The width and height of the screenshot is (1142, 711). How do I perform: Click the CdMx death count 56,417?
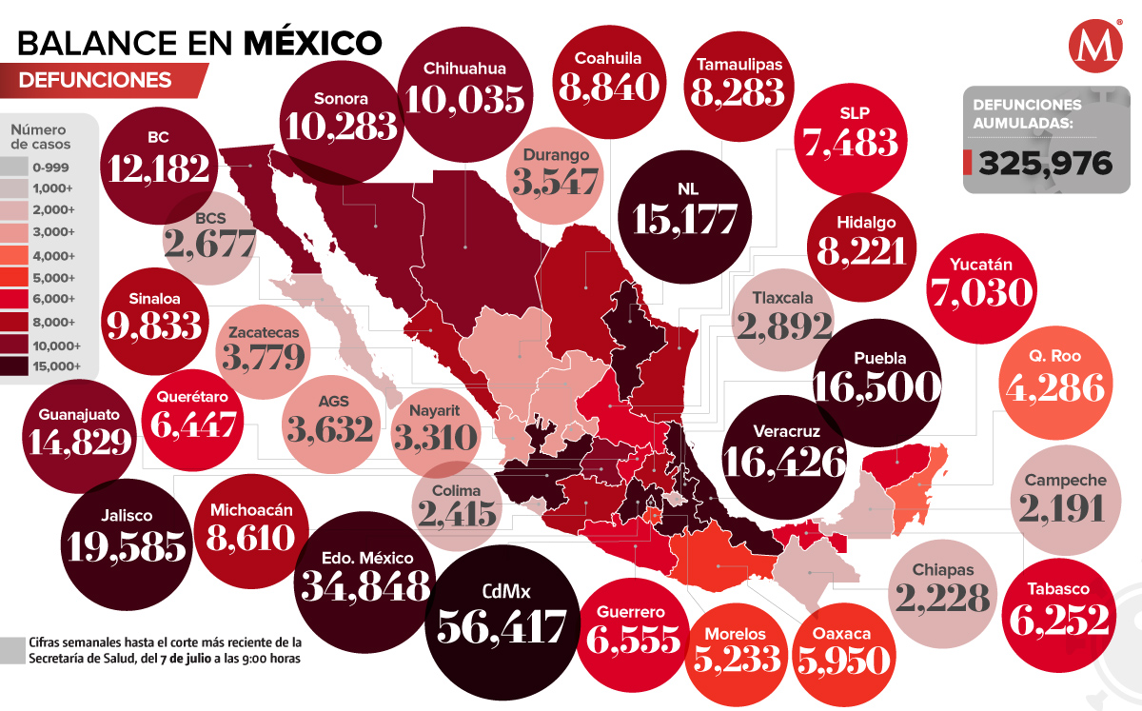tap(502, 626)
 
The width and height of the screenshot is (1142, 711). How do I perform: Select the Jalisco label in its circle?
tap(125, 515)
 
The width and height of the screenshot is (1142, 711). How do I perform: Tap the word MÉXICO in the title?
tap(313, 43)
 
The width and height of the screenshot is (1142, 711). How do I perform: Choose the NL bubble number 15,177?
tap(680, 219)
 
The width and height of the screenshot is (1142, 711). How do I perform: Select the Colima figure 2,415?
tap(457, 514)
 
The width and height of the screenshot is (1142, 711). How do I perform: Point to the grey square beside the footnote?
tap(12, 650)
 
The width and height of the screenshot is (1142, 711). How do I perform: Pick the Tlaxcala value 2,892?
tap(784, 326)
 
